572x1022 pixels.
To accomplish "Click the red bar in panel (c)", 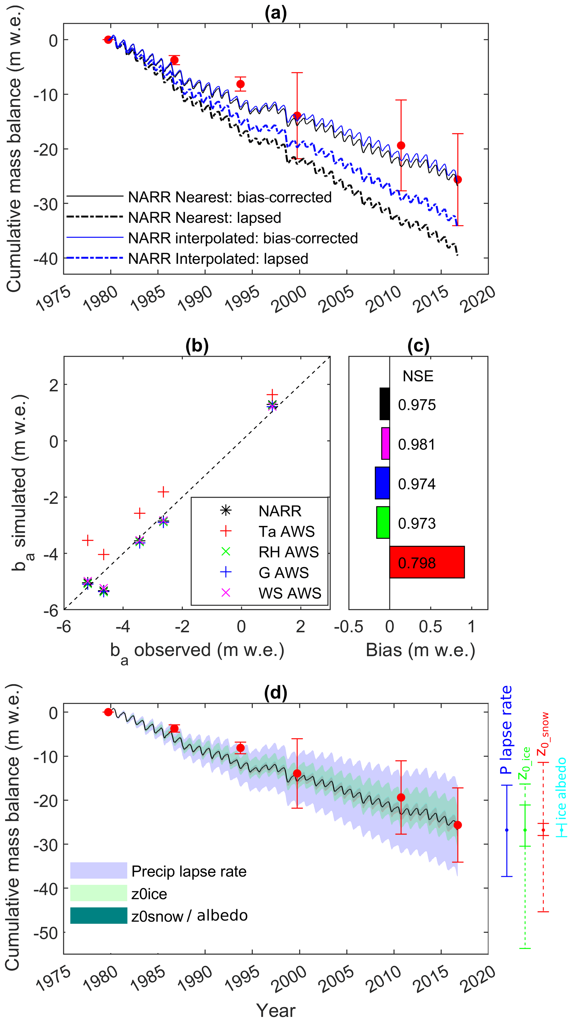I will pyautogui.click(x=427, y=562).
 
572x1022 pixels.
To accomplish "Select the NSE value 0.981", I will pyautogui.click(x=416, y=444).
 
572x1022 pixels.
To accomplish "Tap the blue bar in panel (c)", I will pyautogui.click(x=382, y=483).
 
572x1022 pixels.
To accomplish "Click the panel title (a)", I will pyautogui.click(x=275, y=13).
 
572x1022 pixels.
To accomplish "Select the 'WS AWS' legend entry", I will pyautogui.click(x=290, y=593).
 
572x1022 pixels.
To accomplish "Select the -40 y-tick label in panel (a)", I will pyautogui.click(x=46, y=259).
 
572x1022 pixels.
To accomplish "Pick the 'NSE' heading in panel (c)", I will pyautogui.click(x=418, y=376).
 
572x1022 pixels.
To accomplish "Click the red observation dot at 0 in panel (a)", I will pyautogui.click(x=108, y=40).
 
